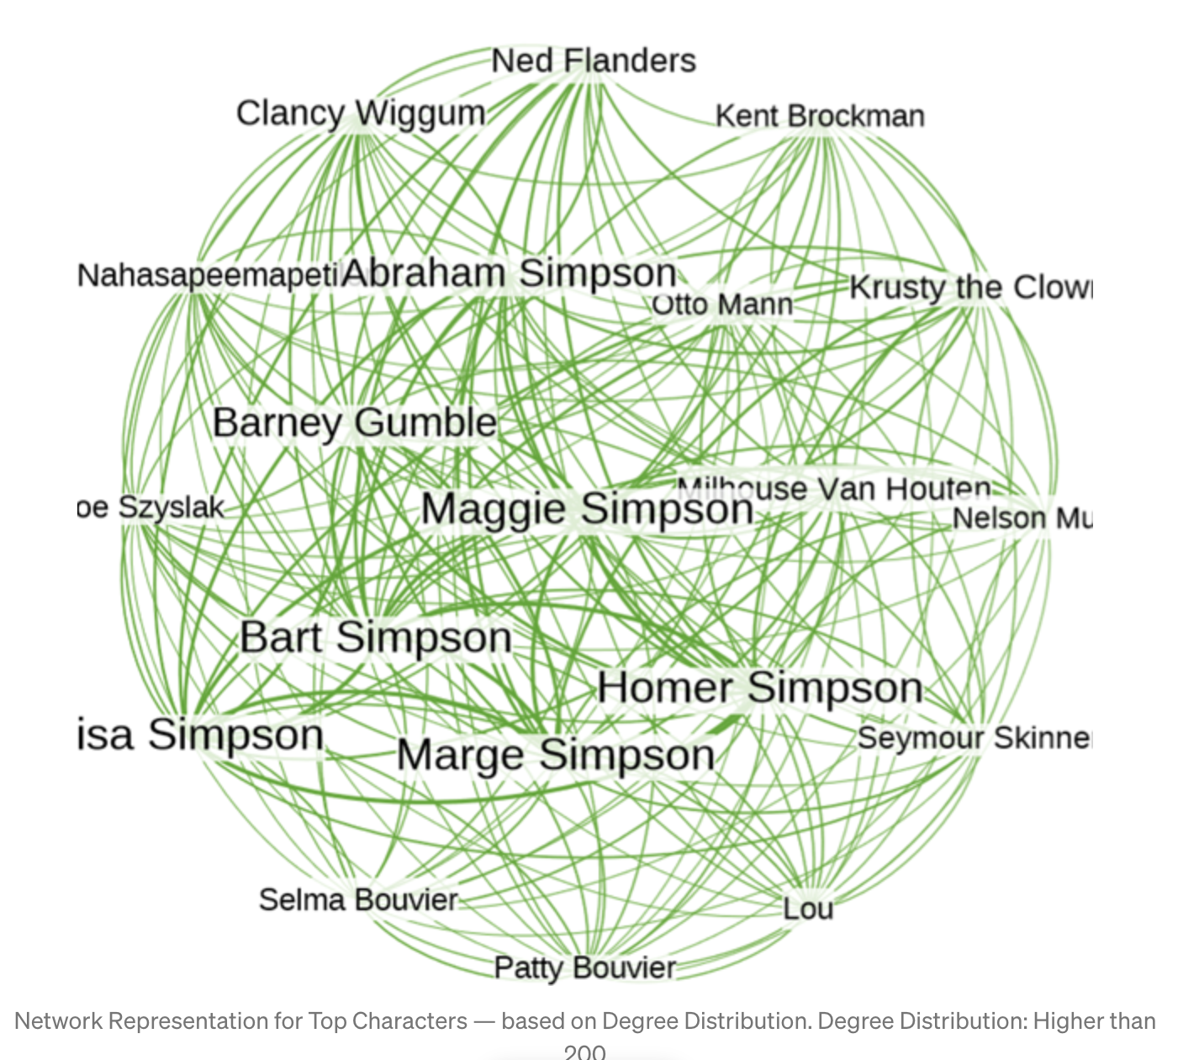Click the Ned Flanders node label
[594, 61]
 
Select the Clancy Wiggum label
[361, 114]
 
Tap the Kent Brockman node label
[820, 116]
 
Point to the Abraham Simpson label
[510, 273]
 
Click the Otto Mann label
[723, 305]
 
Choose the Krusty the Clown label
[970, 288]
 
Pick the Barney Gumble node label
[355, 422]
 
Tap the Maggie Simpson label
[587, 509]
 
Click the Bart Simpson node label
[376, 637]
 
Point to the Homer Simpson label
[760, 687]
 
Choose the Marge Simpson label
[556, 755]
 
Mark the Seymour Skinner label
[974, 738]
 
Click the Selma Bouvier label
[358, 899]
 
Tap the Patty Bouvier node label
[585, 967]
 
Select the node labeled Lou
[808, 909]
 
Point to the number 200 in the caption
[584, 1052]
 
